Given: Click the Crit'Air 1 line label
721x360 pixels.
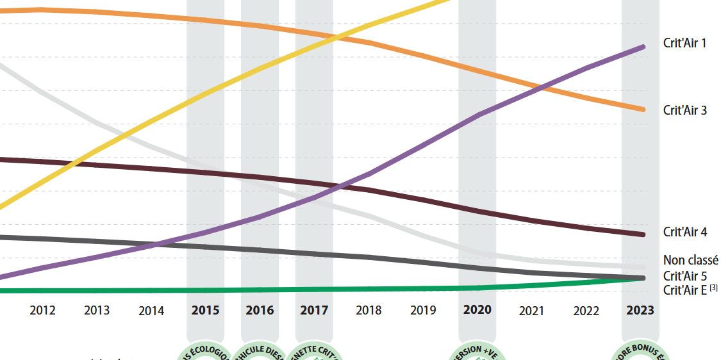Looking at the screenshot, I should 684,44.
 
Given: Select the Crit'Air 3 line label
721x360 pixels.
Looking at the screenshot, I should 684,110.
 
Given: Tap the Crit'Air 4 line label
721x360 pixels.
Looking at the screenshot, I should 684,233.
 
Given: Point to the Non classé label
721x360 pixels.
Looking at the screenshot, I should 690,260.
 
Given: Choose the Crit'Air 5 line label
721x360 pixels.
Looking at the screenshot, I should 684,276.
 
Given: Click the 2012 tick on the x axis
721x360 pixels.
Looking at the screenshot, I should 42,311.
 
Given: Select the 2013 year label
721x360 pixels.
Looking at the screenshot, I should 97,311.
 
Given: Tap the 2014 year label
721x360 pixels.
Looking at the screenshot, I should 151,311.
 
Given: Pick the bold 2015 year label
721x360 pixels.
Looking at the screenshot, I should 205,311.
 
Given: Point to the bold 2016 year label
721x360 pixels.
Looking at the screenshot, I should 260,311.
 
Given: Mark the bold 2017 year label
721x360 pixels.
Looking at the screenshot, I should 314,311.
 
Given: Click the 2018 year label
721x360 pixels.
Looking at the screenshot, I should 369,311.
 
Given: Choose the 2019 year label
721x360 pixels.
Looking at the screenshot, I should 423,311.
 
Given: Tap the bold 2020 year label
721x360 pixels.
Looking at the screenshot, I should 477,310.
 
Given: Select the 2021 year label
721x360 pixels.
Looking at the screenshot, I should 531,311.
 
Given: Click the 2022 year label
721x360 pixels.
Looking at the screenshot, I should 586,311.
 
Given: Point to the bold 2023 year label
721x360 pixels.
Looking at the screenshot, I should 640,310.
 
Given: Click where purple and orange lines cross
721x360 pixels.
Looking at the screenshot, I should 543,87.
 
